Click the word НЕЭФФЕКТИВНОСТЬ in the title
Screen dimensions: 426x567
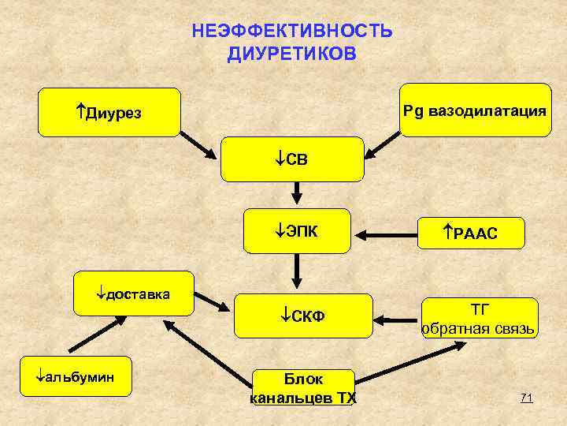point(291,32)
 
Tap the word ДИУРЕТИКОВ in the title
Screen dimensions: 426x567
point(291,54)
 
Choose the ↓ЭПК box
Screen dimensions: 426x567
point(297,231)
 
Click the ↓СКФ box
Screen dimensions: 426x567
point(302,317)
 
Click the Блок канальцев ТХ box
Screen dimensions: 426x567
point(302,387)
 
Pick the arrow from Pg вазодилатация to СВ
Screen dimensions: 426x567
point(384,141)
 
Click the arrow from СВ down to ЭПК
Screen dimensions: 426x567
point(297,193)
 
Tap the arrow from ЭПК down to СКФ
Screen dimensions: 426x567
point(297,272)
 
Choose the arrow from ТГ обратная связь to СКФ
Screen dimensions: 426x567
point(397,320)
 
